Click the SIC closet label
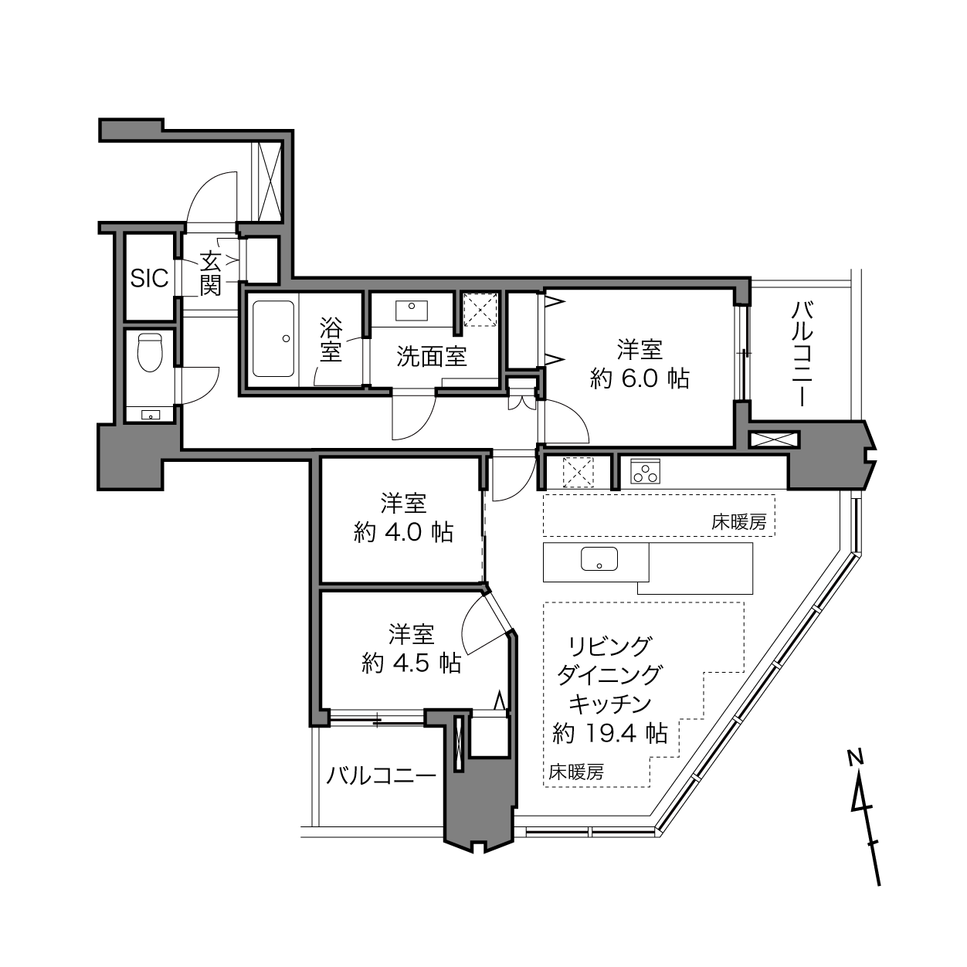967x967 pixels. click(x=149, y=277)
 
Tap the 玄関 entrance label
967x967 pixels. click(x=210, y=274)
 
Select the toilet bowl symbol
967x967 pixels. click(x=150, y=352)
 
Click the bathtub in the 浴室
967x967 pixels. click(x=273, y=338)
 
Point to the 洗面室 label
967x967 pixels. click(x=432, y=356)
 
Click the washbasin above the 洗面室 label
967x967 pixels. click(x=412, y=310)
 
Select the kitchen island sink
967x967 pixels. click(x=599, y=559)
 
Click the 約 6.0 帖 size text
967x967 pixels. click(x=640, y=379)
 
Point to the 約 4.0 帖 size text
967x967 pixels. click(x=404, y=532)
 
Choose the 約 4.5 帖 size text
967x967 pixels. click(x=412, y=663)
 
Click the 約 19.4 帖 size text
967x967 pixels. click(x=609, y=733)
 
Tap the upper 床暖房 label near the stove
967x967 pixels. click(x=738, y=523)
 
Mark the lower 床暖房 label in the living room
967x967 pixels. click(x=576, y=772)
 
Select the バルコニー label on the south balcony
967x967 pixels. click(x=382, y=775)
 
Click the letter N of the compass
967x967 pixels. click(x=854, y=757)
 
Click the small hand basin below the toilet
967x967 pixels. click(x=150, y=415)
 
